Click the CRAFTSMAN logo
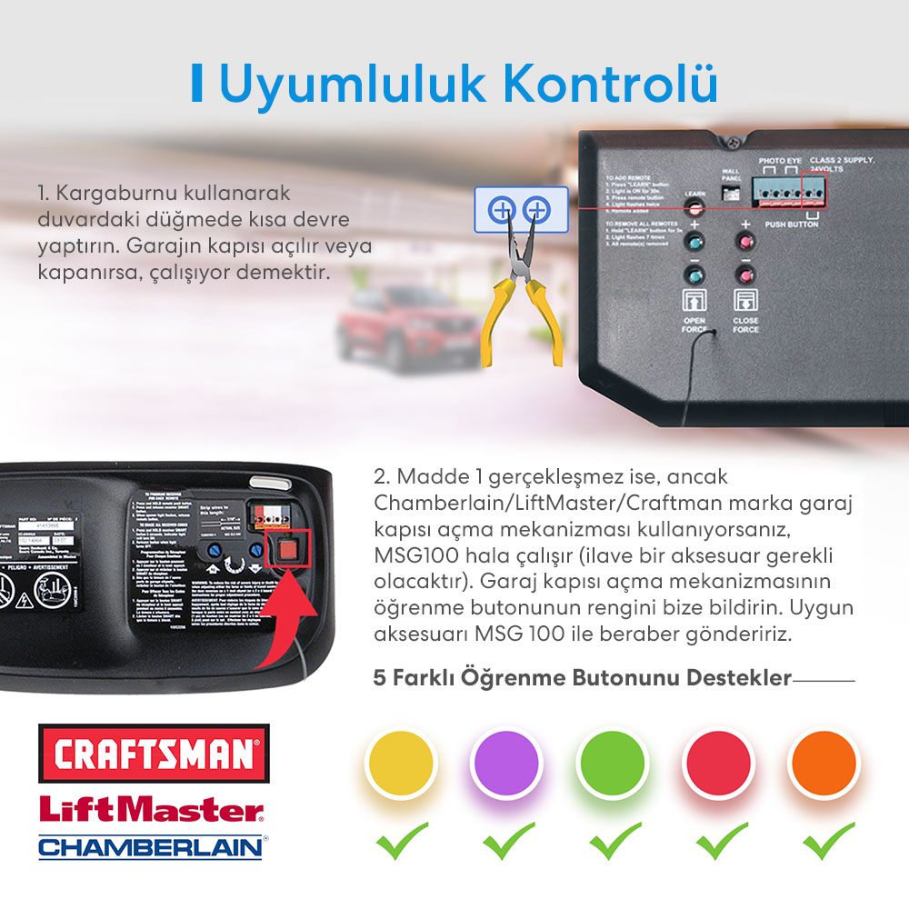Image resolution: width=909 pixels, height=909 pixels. (x=154, y=753)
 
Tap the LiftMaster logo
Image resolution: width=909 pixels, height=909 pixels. (x=151, y=809)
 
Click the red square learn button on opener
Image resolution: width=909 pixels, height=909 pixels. (x=288, y=551)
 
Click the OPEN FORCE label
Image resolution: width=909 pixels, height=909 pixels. (x=694, y=325)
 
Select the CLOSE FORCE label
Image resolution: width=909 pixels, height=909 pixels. (x=746, y=325)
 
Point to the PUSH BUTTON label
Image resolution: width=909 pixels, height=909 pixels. (x=791, y=224)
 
